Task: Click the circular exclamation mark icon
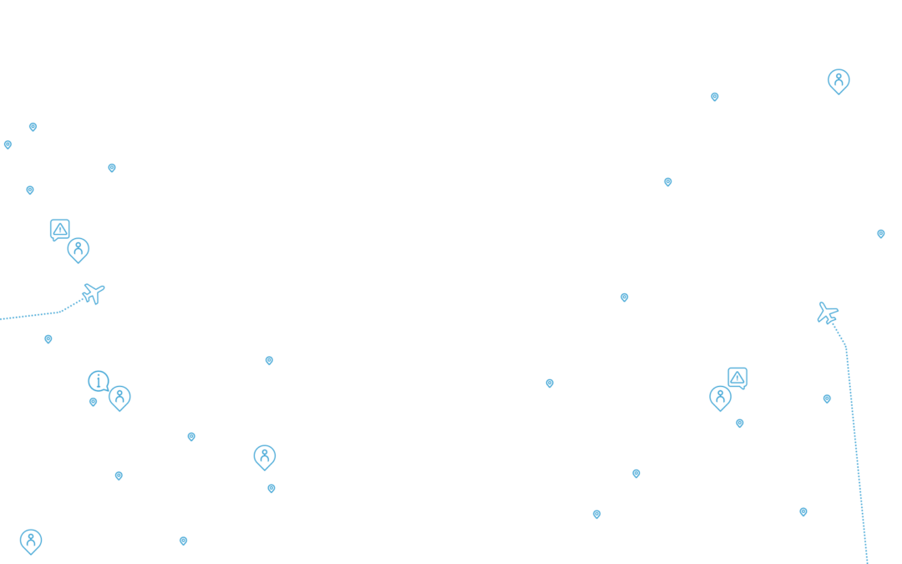coord(98,381)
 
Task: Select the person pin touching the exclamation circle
coord(119,397)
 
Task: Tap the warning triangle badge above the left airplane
coord(59,229)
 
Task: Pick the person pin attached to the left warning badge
coord(79,249)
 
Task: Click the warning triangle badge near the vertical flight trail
coord(737,377)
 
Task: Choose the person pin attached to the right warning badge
coord(720,397)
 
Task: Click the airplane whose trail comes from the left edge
coord(94,293)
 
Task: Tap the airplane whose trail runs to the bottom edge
coord(827,313)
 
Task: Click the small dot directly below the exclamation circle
coord(93,402)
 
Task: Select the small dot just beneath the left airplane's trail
coord(48,339)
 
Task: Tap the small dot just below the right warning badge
coord(740,424)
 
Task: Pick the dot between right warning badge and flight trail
coord(827,399)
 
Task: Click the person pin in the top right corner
coord(839,80)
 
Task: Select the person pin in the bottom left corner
coord(31,541)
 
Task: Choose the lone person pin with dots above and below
coord(265,456)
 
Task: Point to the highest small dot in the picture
coord(715,97)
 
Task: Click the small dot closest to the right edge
coord(880,234)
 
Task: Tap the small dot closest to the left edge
coord(8,145)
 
